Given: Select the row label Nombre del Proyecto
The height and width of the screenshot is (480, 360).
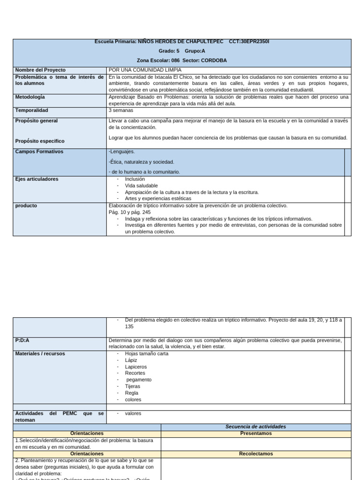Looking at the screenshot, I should (40, 70).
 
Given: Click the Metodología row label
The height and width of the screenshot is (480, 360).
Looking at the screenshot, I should (30, 97).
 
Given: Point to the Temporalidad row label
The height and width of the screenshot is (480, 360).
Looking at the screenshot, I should (32, 111).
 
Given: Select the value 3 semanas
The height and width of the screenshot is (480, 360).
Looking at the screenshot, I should (121, 111).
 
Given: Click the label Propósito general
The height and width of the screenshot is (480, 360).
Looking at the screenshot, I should (37, 121).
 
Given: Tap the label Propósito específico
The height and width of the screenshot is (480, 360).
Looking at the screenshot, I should (40, 141).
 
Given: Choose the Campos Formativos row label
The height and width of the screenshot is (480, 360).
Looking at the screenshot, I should (39, 152).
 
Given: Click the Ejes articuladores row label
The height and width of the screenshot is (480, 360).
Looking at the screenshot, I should (37, 179).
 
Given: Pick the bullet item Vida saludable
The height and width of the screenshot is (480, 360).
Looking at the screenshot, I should (141, 186).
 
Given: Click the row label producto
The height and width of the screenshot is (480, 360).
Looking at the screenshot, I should (26, 206).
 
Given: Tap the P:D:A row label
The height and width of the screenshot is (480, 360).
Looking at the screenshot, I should (25, 340).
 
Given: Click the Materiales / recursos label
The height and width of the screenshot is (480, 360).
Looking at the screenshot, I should (40, 353).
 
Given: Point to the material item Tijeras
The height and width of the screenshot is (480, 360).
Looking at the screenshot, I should (132, 386).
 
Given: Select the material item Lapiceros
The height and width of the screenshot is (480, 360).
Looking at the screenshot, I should (135, 367).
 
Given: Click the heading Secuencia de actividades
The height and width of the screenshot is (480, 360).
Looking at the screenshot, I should (255, 427).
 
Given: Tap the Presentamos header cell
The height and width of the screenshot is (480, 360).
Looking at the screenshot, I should (255, 434).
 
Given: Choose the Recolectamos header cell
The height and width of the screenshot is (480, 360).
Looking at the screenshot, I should (255, 454).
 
